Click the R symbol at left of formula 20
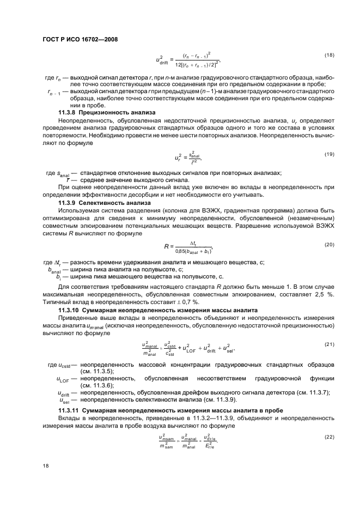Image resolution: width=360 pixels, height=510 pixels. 166,247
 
